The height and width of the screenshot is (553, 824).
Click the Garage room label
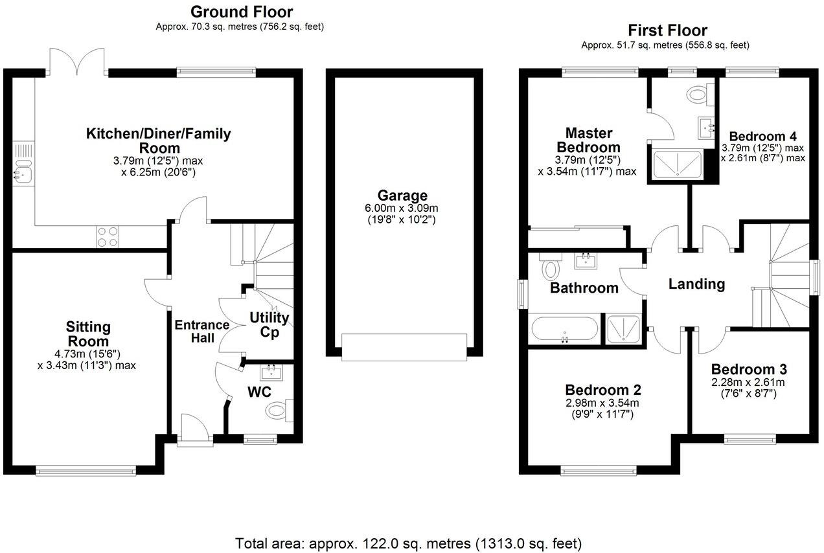coord(404,196)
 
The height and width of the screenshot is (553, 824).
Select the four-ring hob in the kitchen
coord(107,236)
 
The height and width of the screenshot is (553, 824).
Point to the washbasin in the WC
coord(271,372)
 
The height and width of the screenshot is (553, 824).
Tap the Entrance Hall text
coord(202,332)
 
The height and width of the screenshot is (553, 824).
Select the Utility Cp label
coord(269,324)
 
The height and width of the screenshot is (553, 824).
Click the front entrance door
coord(196,431)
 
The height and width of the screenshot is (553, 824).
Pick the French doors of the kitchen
coord(78,62)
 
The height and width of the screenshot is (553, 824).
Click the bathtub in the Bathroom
coord(564,328)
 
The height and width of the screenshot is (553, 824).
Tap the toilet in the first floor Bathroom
coord(551,268)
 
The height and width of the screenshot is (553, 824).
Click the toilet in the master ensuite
coord(698,95)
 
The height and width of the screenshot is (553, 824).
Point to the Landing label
coord(696,284)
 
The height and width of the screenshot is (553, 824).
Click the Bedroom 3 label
coord(749,369)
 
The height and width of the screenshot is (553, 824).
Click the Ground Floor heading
coord(241,12)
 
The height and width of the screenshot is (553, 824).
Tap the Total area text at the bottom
coord(408,543)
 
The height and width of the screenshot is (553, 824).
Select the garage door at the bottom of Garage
coord(404,346)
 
